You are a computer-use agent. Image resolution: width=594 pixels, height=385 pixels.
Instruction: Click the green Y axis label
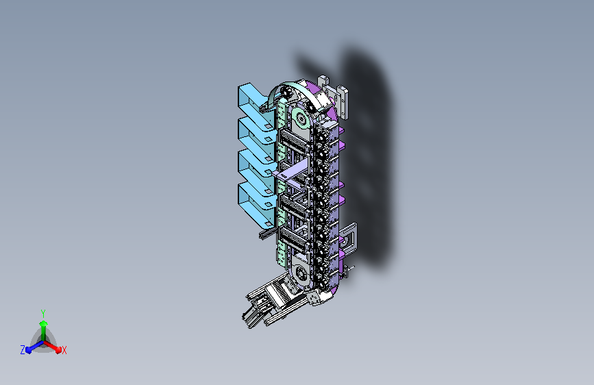click(43, 314)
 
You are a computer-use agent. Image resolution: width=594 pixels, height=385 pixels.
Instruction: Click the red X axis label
click(64, 350)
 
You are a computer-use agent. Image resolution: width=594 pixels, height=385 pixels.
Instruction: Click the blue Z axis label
click(23, 350)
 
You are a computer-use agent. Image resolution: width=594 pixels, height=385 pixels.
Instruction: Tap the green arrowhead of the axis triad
click(44, 323)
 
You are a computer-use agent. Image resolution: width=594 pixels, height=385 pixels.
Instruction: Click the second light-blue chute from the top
click(255, 134)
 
